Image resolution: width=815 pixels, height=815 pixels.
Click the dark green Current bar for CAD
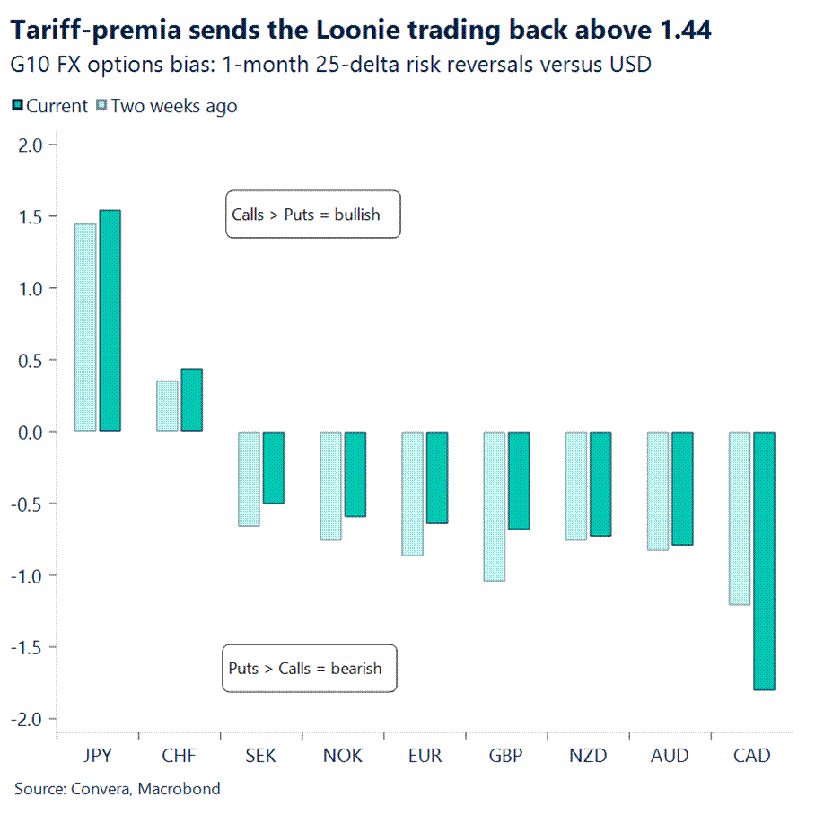pos(764,560)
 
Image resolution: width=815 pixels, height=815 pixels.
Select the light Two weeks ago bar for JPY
pos(85,327)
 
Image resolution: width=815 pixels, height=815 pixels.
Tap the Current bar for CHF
pos(191,399)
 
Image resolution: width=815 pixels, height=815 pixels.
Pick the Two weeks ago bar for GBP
pos(495,505)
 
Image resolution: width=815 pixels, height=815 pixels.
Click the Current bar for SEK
pos(273,467)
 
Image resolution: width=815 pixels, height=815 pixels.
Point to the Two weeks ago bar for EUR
pos(412,493)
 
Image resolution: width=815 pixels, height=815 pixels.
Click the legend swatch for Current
pos(16,106)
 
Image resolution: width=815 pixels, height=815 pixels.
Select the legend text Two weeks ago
pos(174,106)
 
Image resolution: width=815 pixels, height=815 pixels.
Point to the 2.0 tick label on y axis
pos(31,145)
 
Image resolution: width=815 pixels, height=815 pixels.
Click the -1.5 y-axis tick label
pos(29,647)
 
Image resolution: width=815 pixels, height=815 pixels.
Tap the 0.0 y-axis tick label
pos(31,432)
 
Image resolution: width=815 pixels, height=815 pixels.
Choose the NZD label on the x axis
pos(588,756)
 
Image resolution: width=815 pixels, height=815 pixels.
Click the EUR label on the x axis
pos(425,756)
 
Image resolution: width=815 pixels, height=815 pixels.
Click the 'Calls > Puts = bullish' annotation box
pos(312,215)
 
